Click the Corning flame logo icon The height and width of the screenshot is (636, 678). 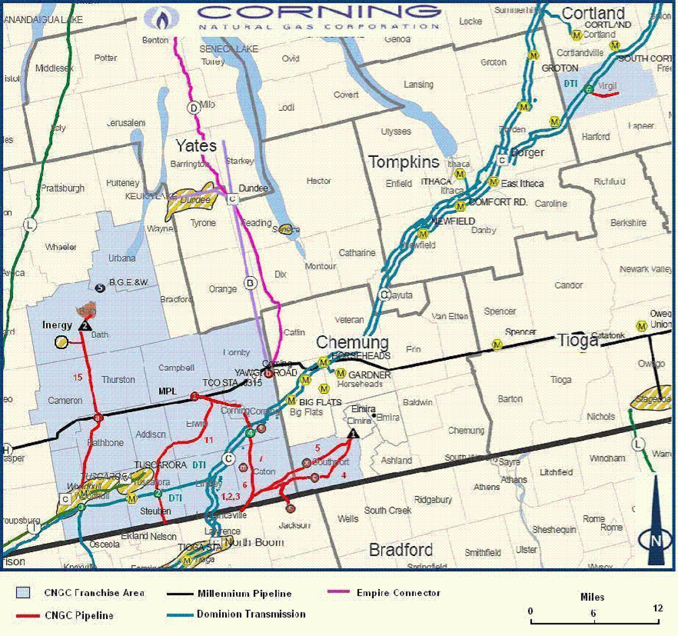[x=162, y=19]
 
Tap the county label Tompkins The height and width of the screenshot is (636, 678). [x=403, y=162]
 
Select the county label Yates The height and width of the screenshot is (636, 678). [x=196, y=146]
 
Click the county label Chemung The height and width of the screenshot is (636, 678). [x=352, y=342]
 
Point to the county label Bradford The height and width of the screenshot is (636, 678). [x=400, y=550]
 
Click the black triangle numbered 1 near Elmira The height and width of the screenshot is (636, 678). [x=353, y=433]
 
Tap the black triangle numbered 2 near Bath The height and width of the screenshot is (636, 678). [x=85, y=325]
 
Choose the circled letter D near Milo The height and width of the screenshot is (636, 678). [x=193, y=108]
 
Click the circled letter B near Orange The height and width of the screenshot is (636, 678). [x=250, y=283]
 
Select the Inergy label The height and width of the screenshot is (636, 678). [x=57, y=325]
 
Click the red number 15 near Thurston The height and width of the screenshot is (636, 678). [x=78, y=377]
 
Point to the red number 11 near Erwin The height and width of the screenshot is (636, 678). [x=209, y=440]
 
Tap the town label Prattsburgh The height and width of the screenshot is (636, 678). [x=63, y=188]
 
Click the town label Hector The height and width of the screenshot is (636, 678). [x=319, y=181]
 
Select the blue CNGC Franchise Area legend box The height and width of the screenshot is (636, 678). [x=23, y=593]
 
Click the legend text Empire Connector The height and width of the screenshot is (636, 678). [x=398, y=593]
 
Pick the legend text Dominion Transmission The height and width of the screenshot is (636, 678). [x=251, y=614]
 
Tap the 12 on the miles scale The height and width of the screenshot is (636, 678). [x=658, y=608]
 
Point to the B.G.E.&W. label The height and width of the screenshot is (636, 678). [x=129, y=282]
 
